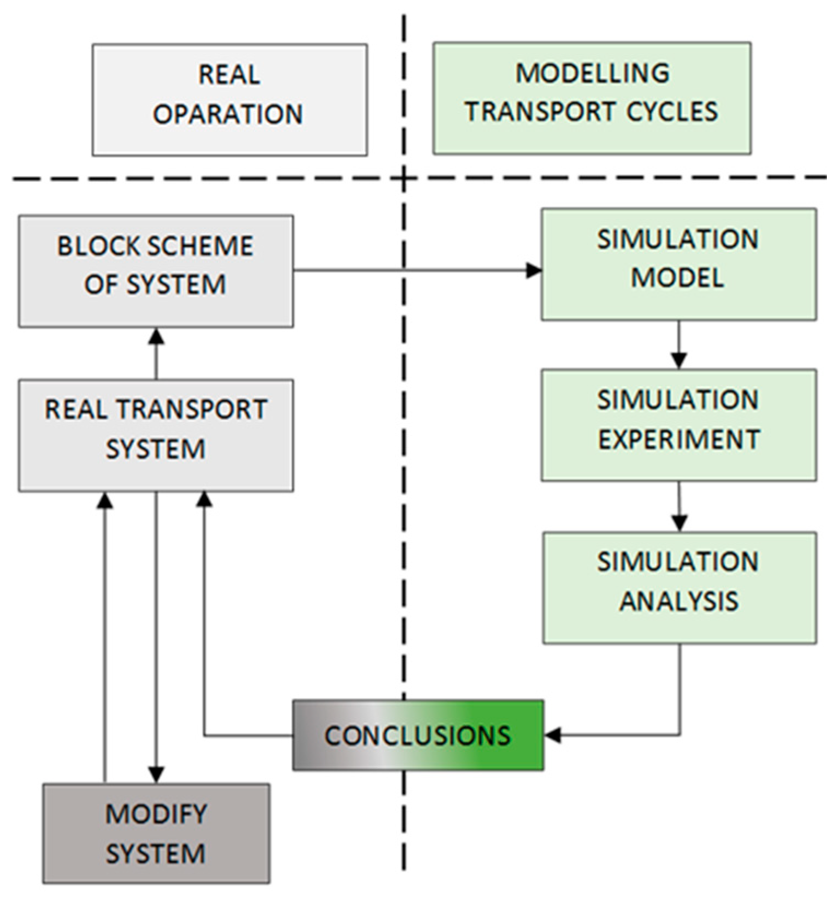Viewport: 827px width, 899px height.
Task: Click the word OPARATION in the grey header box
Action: click(x=228, y=114)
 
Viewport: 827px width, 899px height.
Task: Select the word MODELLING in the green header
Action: click(x=592, y=74)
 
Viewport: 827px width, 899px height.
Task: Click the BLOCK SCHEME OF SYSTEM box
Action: click(x=156, y=271)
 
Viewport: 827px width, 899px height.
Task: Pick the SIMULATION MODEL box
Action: click(x=678, y=264)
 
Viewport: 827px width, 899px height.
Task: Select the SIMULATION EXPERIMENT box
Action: click(x=678, y=425)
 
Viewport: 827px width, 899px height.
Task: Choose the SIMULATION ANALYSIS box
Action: click(x=679, y=587)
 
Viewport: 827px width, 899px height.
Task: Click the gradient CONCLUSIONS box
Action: click(x=418, y=735)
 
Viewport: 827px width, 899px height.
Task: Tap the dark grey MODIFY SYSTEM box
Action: click(x=156, y=833)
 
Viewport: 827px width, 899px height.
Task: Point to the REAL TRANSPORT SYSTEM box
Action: click(x=156, y=435)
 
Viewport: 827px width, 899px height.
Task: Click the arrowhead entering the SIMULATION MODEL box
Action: click(x=534, y=270)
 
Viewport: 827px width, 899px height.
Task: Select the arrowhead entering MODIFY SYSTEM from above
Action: click(x=156, y=775)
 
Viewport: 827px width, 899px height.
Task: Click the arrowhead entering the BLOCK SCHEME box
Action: click(x=156, y=336)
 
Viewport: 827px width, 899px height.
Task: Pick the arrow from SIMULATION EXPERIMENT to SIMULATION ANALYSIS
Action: click(x=678, y=506)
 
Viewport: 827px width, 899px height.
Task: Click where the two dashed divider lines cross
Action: click(x=404, y=177)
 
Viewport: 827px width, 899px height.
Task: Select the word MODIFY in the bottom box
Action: click(x=156, y=814)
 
